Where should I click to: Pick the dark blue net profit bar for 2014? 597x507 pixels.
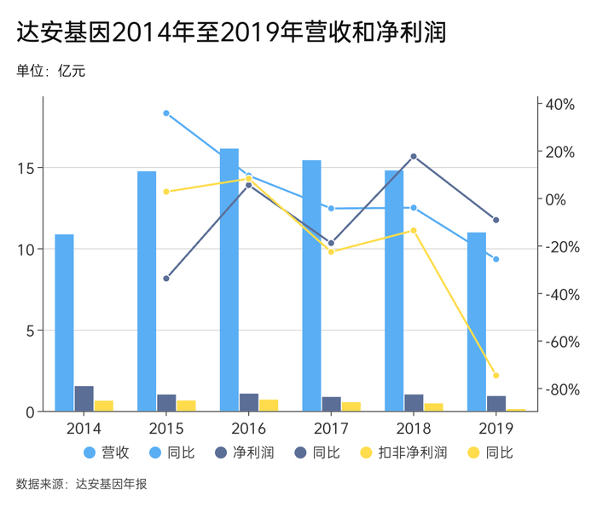[84, 399]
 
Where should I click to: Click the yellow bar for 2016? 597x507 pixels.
[269, 406]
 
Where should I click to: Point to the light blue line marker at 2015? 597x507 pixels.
[166, 113]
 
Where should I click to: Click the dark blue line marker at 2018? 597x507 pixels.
[414, 157]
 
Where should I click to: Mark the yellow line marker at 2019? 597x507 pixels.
[496, 376]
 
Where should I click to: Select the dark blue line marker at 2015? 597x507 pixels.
[166, 279]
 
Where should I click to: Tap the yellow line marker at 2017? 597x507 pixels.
[331, 251]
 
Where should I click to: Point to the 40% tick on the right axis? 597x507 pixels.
[560, 104]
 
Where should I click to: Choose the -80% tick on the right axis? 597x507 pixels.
[562, 389]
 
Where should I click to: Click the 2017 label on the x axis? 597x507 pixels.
[331, 428]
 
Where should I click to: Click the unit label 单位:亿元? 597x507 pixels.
[51, 71]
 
